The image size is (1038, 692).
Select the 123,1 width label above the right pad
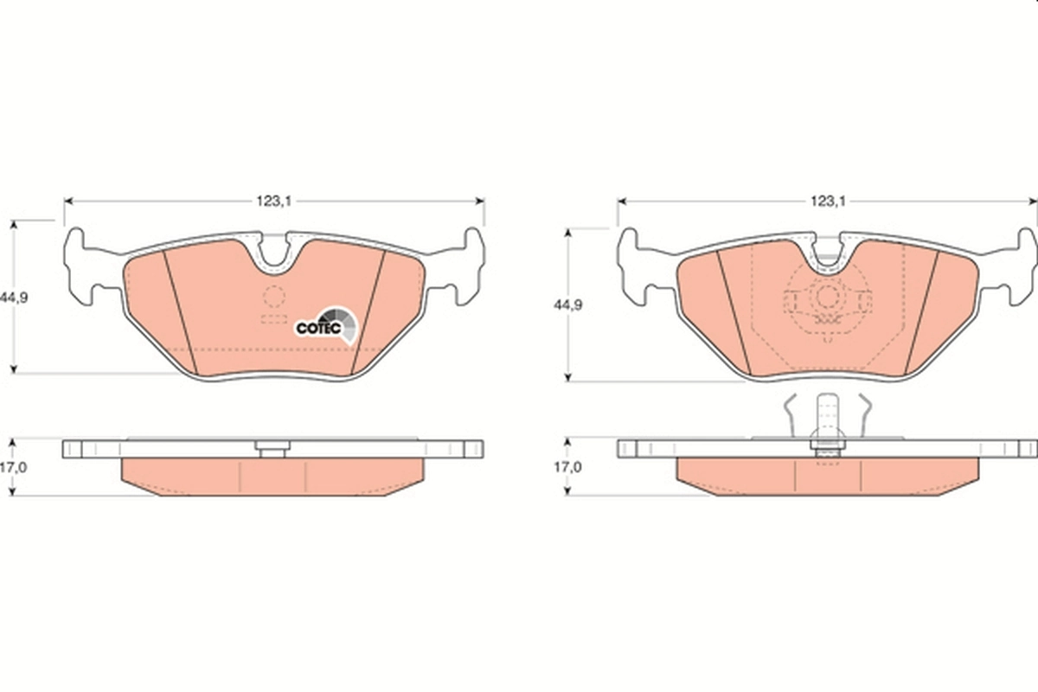point(828,201)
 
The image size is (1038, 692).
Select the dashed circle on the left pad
point(274,298)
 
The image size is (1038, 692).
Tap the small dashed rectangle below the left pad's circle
point(274,319)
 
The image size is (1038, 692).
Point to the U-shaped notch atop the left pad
point(274,252)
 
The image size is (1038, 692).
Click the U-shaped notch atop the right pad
point(828,253)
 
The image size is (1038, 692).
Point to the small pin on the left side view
point(272,447)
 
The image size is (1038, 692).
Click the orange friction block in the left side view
point(272,477)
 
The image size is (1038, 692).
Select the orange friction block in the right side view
point(826,477)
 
